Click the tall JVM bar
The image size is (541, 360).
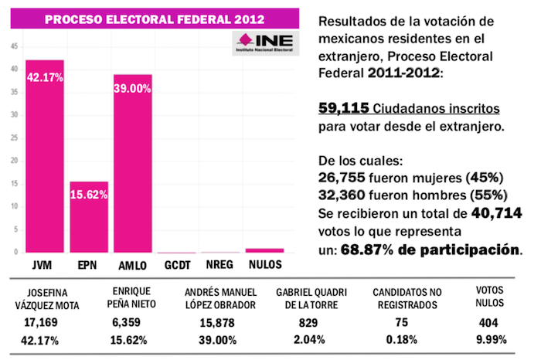[x=44, y=155]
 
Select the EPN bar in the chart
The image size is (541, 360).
[x=88, y=216]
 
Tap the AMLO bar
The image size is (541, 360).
[x=132, y=162]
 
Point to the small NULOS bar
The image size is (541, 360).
[x=265, y=250]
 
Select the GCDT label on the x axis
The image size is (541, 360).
[x=176, y=265]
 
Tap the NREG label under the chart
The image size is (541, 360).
[x=220, y=265]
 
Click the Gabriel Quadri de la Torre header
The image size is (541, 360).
[x=311, y=300]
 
